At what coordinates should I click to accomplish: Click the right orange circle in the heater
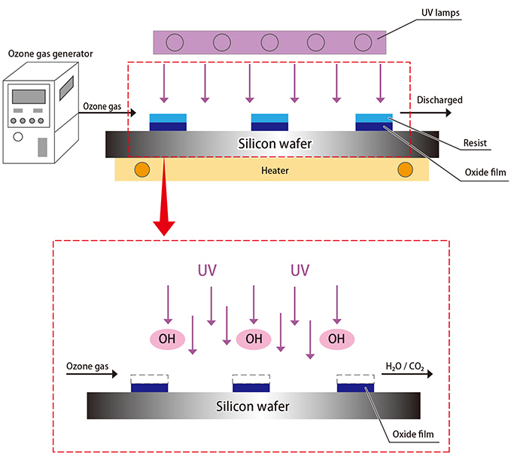(x=406, y=169)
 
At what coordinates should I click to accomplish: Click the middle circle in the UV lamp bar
(x=270, y=41)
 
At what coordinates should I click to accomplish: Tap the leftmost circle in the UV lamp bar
(x=176, y=41)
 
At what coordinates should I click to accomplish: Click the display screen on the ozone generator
(x=32, y=97)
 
